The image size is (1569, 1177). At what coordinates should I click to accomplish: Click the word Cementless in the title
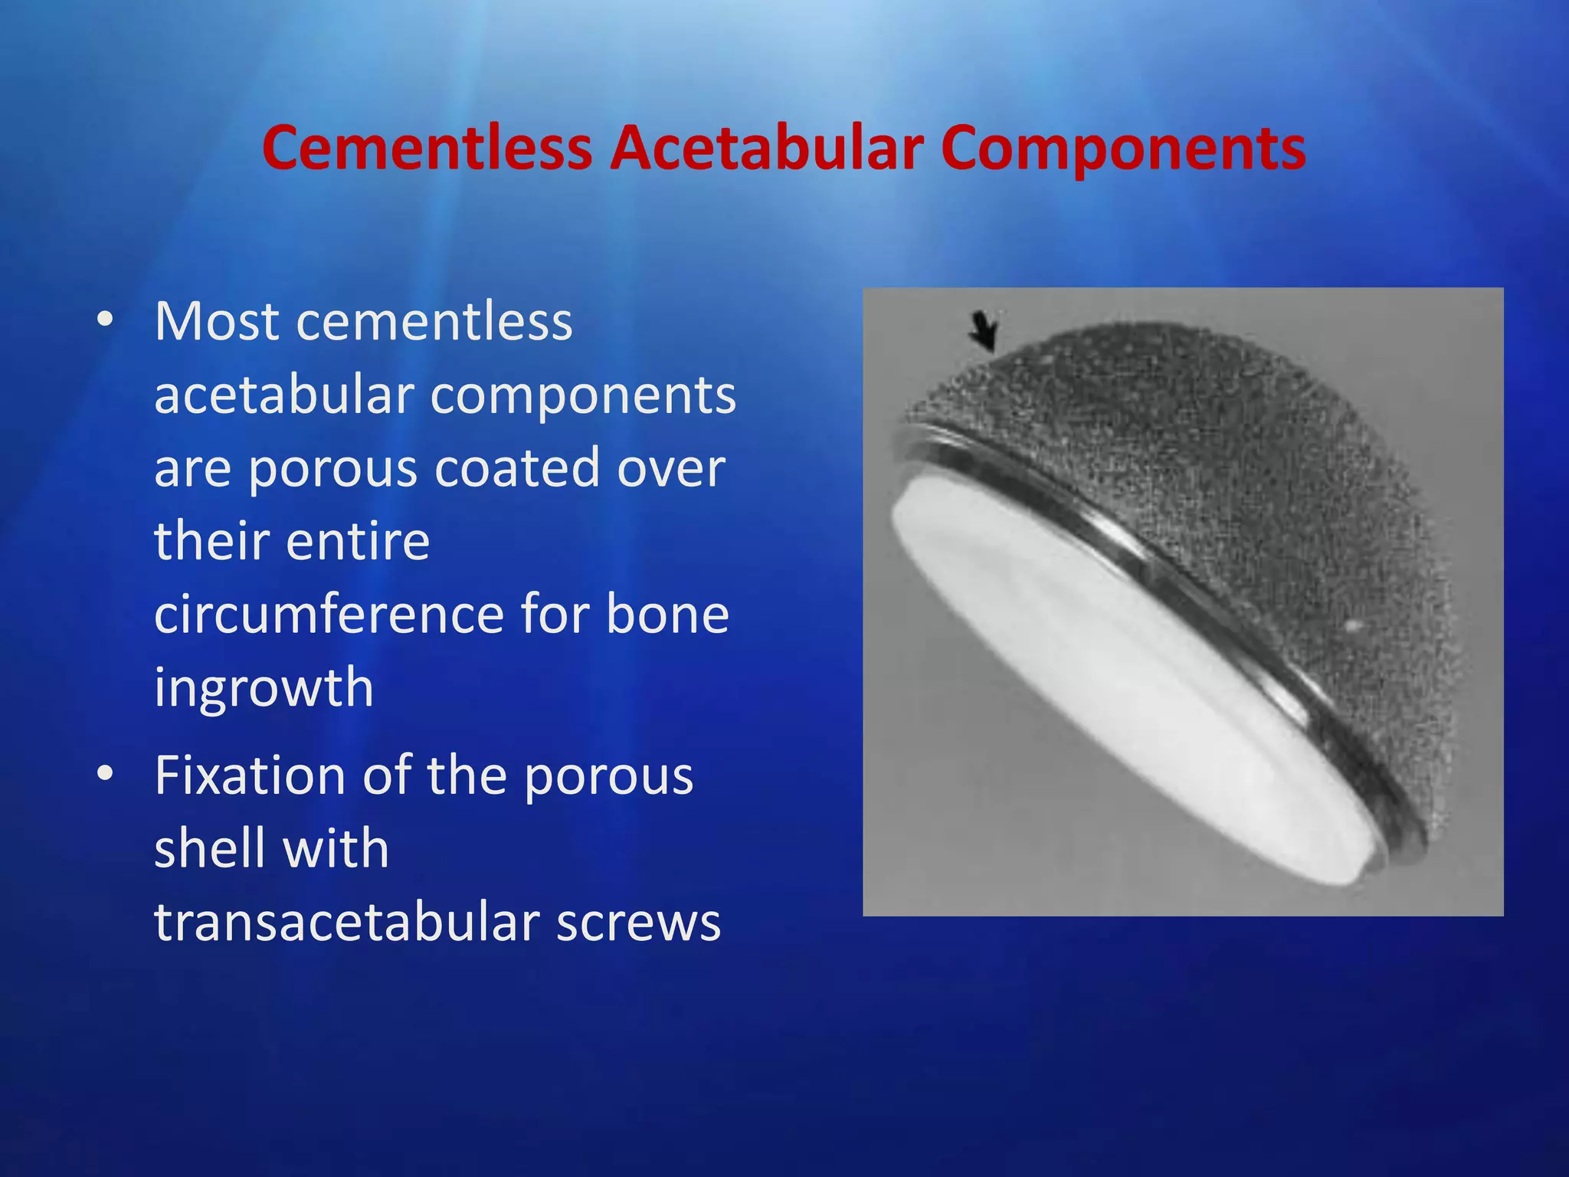coord(427,148)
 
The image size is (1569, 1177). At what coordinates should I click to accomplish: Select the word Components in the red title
coord(1123,148)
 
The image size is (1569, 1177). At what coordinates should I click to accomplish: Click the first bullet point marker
coord(105,319)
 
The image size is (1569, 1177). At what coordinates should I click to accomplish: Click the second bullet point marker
coord(105,773)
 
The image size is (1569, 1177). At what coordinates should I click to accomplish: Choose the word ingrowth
coord(264,687)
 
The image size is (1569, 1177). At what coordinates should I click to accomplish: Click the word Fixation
coord(250,775)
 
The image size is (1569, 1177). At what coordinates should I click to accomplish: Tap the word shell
coord(204,848)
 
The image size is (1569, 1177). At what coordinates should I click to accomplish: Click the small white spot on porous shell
coord(1352,627)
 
